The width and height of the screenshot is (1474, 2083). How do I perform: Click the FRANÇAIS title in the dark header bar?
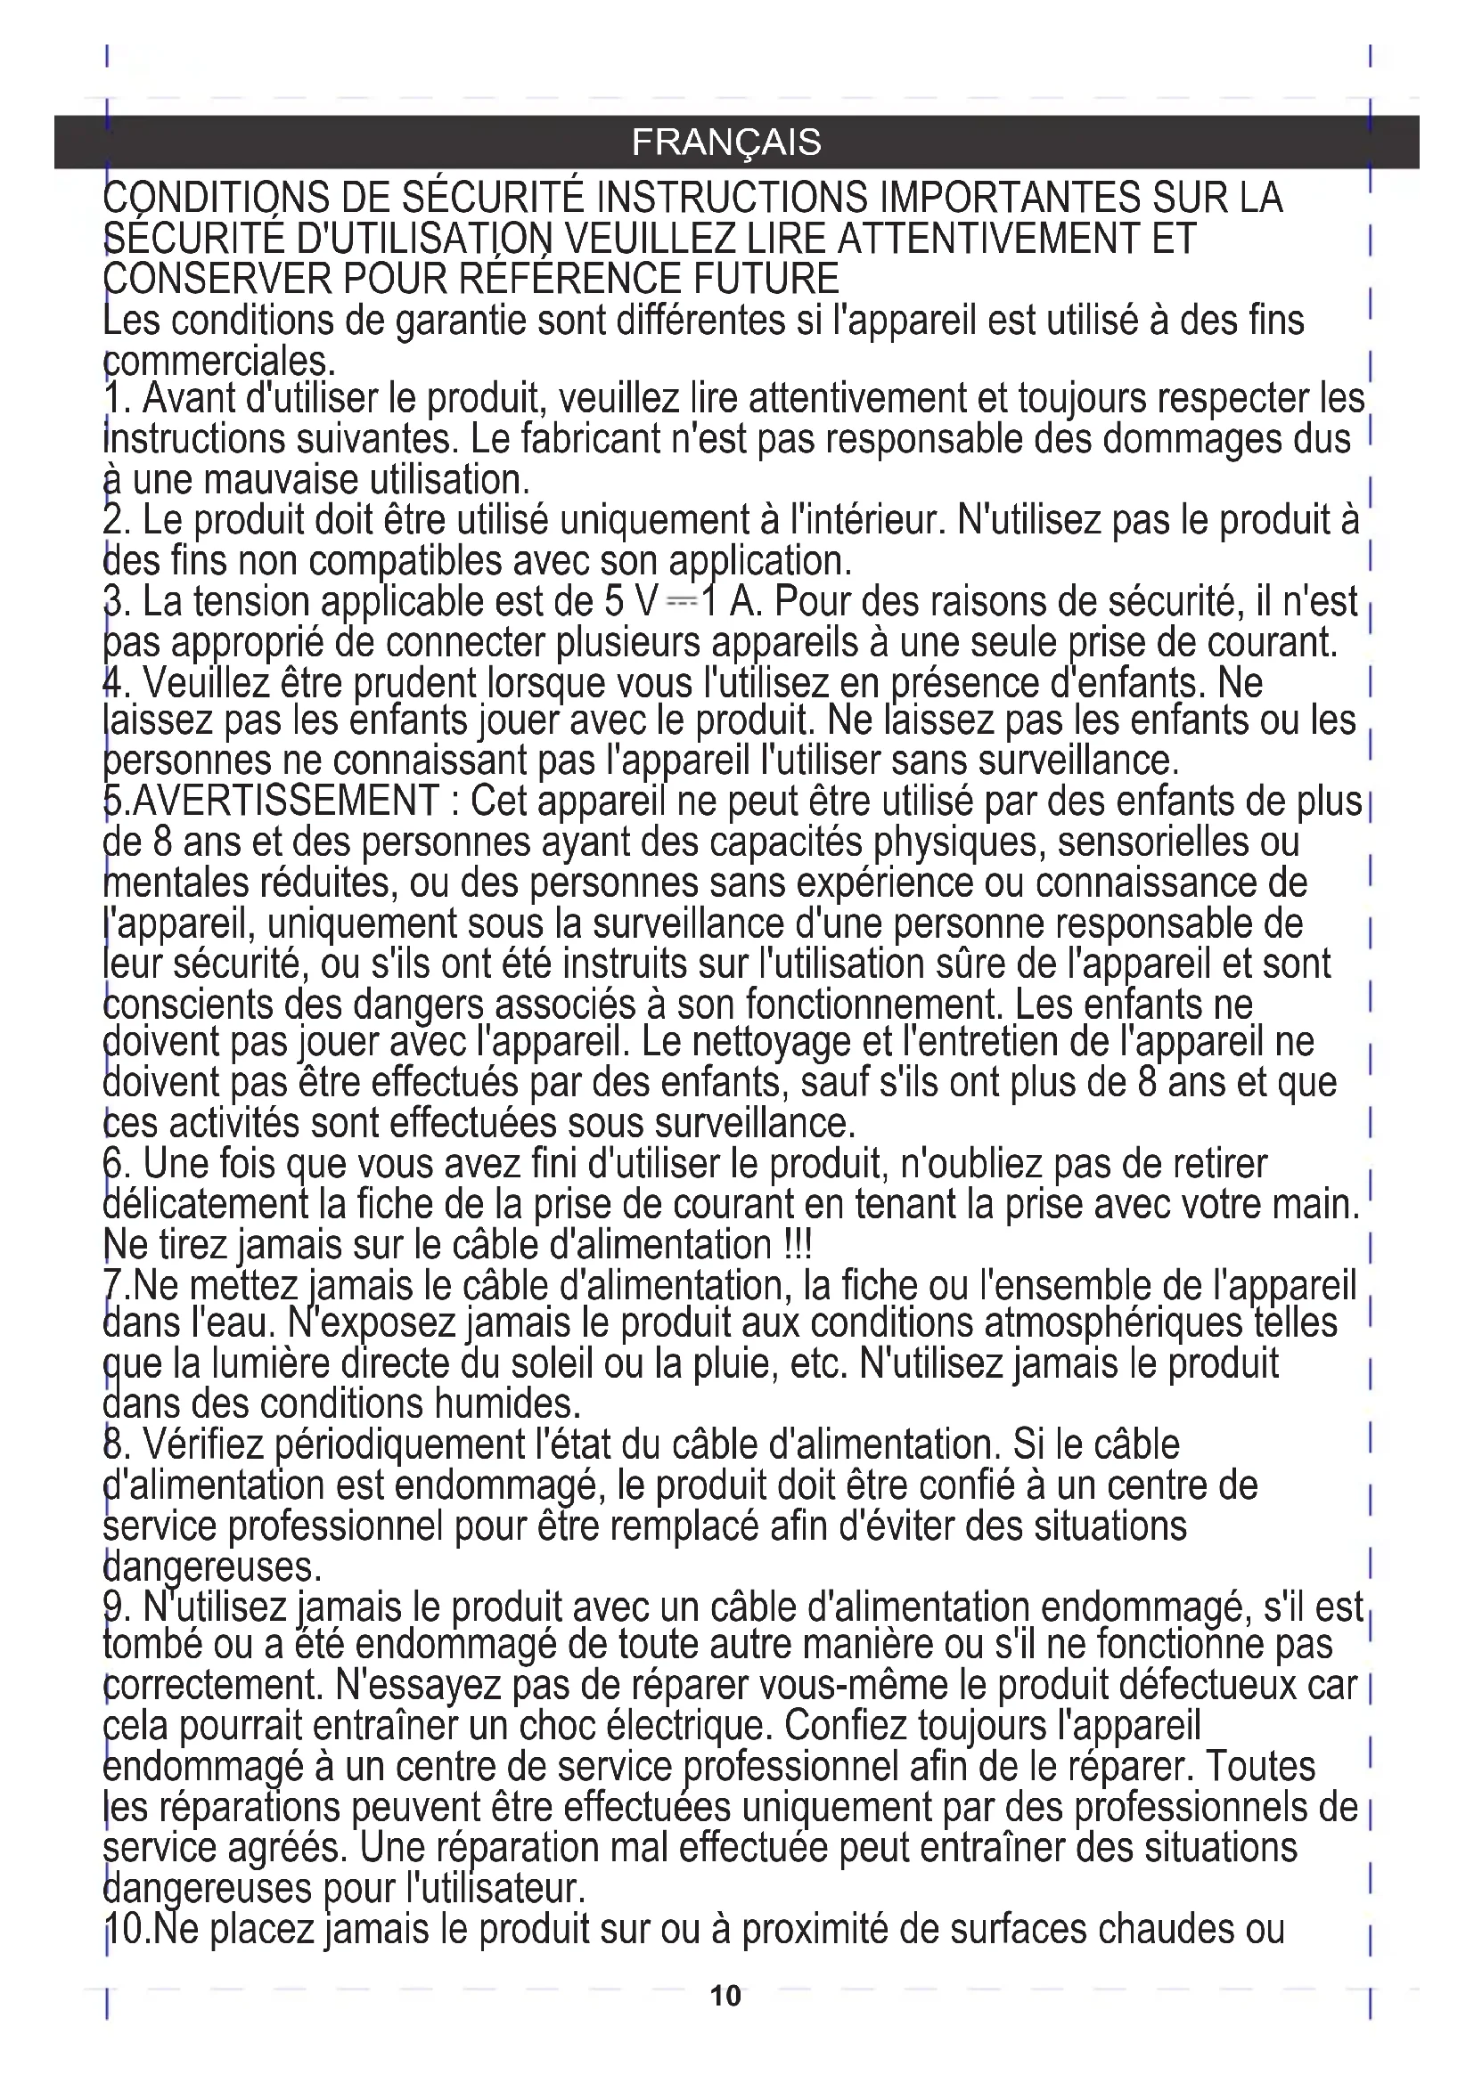726,142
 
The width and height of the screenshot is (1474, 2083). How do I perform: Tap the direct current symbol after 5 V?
680,601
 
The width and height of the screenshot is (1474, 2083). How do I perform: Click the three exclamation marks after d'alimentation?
796,1245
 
